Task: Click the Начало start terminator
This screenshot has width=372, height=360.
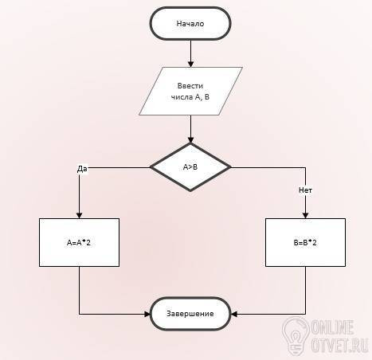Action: (x=190, y=24)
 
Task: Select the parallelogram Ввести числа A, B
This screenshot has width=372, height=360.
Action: (x=190, y=91)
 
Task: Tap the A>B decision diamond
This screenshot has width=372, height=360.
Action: (x=190, y=167)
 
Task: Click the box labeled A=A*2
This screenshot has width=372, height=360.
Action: (x=79, y=242)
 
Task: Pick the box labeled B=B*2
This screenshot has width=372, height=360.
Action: (x=305, y=242)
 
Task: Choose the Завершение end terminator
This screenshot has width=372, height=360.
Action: (x=190, y=314)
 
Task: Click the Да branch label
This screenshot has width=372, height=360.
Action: (x=82, y=169)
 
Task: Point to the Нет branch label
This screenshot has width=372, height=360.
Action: (x=305, y=190)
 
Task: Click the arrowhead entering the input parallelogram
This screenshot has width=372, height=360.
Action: (x=190, y=64)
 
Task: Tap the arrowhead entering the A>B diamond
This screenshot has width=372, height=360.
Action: (x=190, y=139)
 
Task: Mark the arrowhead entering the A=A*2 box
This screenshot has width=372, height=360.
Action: (x=79, y=215)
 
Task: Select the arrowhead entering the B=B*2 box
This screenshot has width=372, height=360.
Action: (x=305, y=215)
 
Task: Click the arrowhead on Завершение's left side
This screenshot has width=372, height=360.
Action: (x=147, y=314)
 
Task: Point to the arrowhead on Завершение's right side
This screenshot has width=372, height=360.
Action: (x=233, y=314)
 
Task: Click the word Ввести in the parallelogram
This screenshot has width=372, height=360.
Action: (x=190, y=86)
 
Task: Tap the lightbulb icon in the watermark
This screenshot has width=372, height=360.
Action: (x=296, y=336)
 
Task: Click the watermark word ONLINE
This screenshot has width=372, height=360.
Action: (x=332, y=327)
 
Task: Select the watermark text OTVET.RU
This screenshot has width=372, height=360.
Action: (x=339, y=345)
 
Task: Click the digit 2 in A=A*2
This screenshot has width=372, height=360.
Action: (x=88, y=243)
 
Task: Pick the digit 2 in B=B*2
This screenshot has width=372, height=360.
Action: (x=314, y=243)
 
